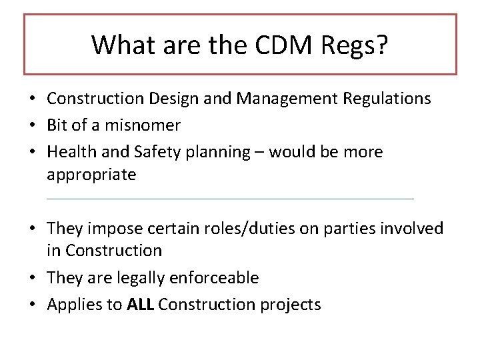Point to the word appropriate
click(91, 175)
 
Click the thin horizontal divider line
click(230, 199)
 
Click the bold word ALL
click(141, 305)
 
